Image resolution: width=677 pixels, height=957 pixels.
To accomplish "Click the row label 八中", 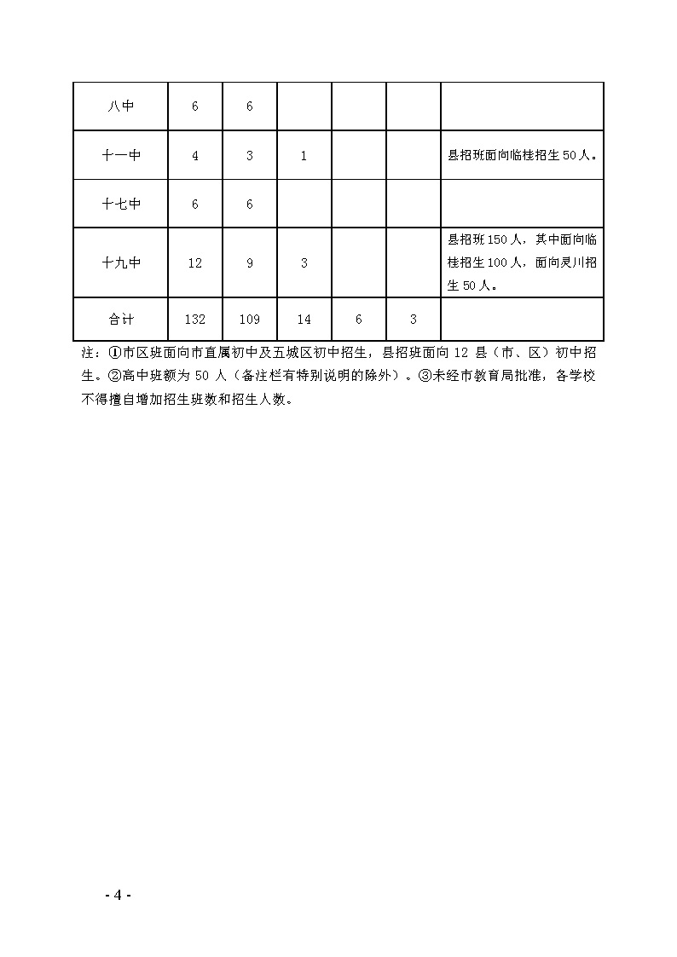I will [x=120, y=107].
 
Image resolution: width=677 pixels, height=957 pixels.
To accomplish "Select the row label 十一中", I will [x=120, y=156].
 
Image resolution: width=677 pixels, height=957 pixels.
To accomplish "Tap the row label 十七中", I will [x=120, y=205].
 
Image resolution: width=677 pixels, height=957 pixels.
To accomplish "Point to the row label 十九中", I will [x=120, y=263].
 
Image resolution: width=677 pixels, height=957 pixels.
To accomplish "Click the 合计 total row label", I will [x=120, y=320].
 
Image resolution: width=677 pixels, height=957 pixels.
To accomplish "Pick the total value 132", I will [x=195, y=320].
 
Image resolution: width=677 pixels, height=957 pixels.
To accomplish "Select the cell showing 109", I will [x=250, y=320].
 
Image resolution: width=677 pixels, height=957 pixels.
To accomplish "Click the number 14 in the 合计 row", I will [x=304, y=320].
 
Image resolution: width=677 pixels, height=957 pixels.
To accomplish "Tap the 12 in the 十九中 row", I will [x=195, y=263].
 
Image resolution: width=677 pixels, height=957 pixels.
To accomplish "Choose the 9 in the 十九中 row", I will [x=250, y=263].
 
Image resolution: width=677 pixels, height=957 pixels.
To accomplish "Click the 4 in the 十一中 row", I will [x=195, y=156].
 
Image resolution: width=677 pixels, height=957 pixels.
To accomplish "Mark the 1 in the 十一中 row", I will [x=304, y=156].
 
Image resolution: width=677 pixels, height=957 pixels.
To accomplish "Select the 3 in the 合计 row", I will [x=414, y=320].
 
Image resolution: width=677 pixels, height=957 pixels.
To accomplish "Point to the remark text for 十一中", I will [x=522, y=156].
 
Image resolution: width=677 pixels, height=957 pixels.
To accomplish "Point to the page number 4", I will [x=118, y=895].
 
